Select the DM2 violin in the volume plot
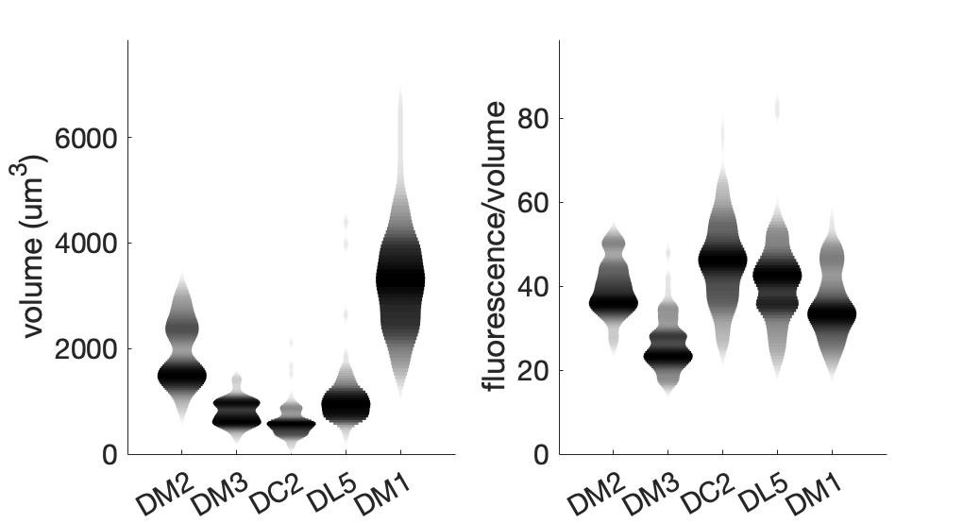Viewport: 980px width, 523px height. pyautogui.click(x=181, y=374)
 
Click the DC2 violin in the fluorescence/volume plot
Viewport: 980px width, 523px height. pyautogui.click(x=720, y=259)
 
